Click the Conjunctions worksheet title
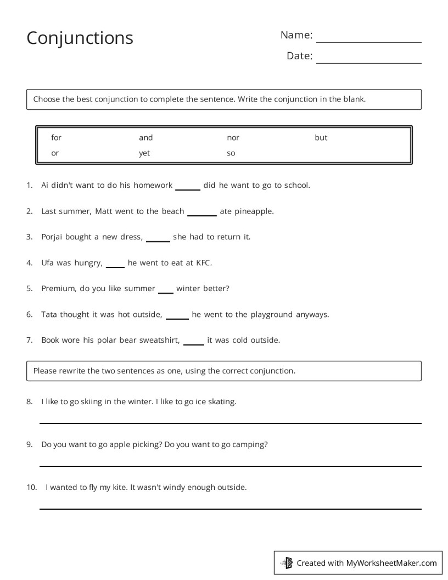pos(80,38)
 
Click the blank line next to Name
pos(368,42)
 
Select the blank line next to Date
pos(368,63)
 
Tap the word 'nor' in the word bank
pos(233,138)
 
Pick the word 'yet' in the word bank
pos(144,153)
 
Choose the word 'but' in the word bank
pos(321,138)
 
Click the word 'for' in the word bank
pos(56,138)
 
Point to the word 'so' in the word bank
pos(231,153)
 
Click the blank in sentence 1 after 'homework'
pos(188,188)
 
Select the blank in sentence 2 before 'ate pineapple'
pos(202,214)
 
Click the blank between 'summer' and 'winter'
pos(166,292)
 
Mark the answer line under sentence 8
pos(230,423)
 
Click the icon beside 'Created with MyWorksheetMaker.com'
pos(287,562)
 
